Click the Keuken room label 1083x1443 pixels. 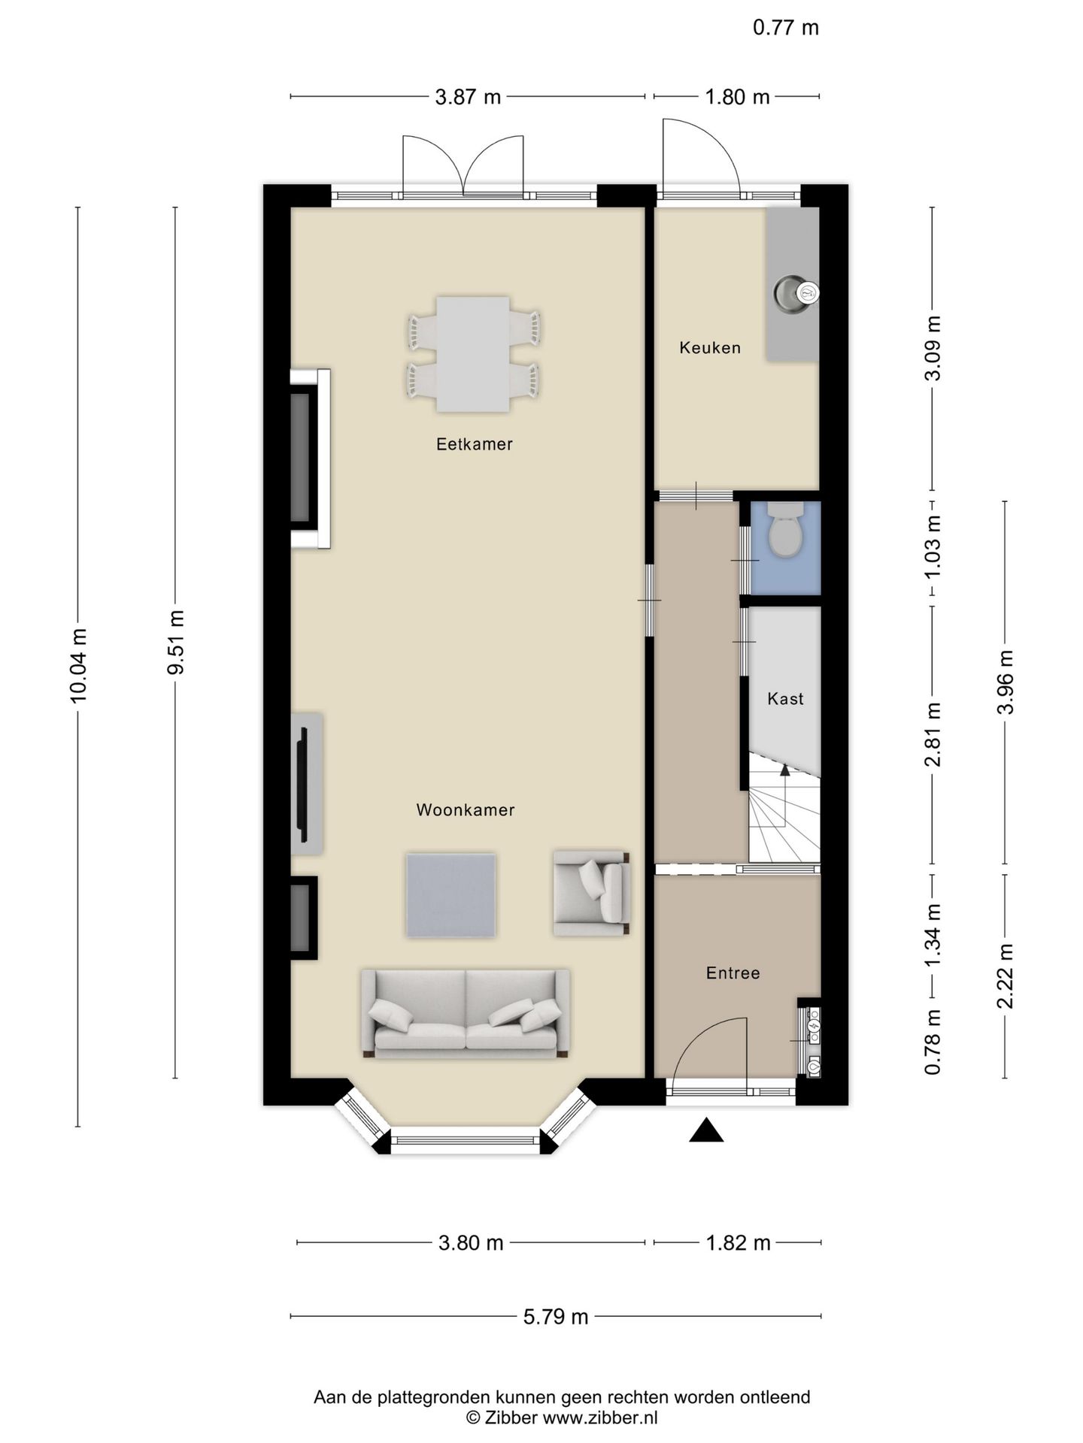pyautogui.click(x=710, y=347)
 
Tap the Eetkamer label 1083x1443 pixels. pyautogui.click(x=475, y=444)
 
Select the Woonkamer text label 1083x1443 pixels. pyautogui.click(x=466, y=810)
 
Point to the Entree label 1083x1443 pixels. pyautogui.click(x=733, y=973)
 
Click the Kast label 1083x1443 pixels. pyautogui.click(x=785, y=699)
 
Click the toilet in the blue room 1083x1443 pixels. pyautogui.click(x=787, y=530)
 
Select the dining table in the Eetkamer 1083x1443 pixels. pyautogui.click(x=473, y=354)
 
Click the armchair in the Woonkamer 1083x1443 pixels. pyautogui.click(x=591, y=893)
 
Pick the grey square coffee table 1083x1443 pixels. pyautogui.click(x=451, y=894)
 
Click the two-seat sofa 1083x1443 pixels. pyautogui.click(x=466, y=1015)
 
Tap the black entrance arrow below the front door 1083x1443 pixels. pyautogui.click(x=706, y=1130)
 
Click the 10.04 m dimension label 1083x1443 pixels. pyautogui.click(x=78, y=666)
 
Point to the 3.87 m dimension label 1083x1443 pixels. pyautogui.click(x=468, y=97)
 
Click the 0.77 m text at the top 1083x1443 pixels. pyautogui.click(x=786, y=28)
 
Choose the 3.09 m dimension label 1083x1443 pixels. pyautogui.click(x=933, y=348)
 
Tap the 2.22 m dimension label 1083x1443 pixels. pyautogui.click(x=1006, y=976)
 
